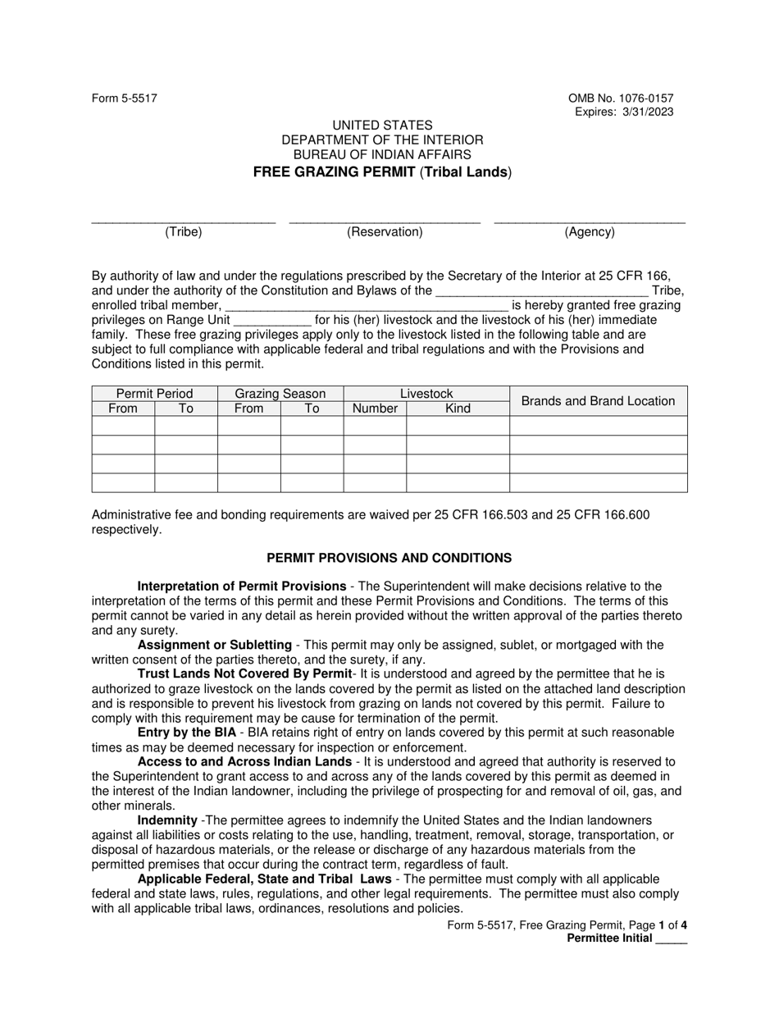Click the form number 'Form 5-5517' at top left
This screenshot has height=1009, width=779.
tap(125, 98)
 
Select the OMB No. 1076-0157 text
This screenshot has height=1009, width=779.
tap(621, 98)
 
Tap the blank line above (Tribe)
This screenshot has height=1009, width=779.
tap(183, 220)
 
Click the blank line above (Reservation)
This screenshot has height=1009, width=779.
tap(385, 220)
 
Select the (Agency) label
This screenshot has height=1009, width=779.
tap(590, 232)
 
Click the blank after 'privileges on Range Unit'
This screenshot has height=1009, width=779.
tap(272, 321)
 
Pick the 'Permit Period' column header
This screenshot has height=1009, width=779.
tap(154, 394)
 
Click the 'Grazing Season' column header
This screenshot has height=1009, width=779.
tap(280, 394)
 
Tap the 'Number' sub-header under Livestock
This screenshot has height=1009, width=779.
tap(374, 409)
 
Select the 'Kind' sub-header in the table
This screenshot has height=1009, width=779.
tap(458, 409)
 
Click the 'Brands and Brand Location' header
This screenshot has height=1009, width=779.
tap(598, 401)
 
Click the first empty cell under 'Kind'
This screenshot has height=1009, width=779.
tap(458, 425)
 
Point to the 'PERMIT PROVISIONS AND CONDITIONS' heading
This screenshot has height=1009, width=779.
tap(389, 558)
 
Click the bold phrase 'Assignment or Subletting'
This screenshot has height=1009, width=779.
tap(214, 645)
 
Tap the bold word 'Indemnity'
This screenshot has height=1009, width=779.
tap(167, 820)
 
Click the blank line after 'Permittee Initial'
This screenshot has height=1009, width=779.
tap(672, 940)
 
